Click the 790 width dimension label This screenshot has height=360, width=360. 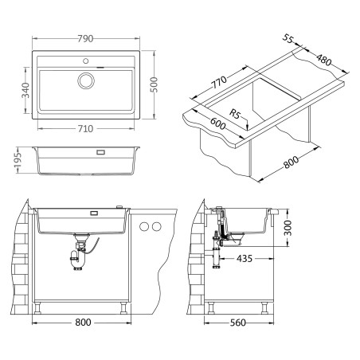[x=85, y=39]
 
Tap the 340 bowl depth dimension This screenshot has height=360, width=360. [x=25, y=90]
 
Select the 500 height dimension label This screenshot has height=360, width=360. [x=154, y=84]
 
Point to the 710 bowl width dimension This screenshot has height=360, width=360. [x=85, y=129]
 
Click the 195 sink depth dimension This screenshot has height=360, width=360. [x=18, y=160]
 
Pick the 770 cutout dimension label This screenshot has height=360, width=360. [x=219, y=82]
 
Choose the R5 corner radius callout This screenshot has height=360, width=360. [x=235, y=114]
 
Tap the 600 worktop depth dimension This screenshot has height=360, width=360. [x=218, y=123]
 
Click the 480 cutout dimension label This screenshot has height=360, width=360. [x=324, y=60]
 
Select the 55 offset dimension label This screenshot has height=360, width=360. [x=288, y=38]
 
